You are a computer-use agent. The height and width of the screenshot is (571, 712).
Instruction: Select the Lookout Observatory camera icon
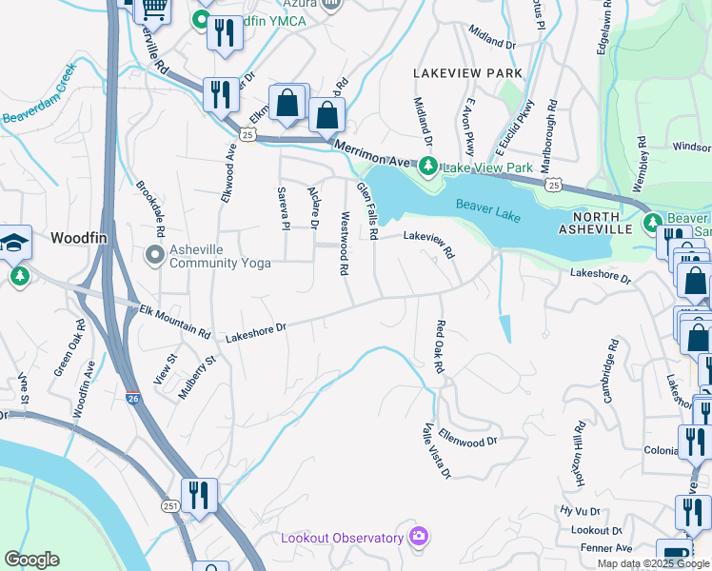[x=417, y=537]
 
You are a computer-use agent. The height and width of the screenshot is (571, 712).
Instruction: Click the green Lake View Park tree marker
[x=428, y=167]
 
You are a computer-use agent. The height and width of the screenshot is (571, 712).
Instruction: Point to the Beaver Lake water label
[x=487, y=210]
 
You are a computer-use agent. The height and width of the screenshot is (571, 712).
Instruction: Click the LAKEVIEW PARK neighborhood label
[x=467, y=73]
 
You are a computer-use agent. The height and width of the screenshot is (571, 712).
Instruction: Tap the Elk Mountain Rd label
[x=174, y=321]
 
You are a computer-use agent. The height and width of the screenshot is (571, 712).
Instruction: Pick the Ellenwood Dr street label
[x=467, y=436]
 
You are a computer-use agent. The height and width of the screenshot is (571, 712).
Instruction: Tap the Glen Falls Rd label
[x=367, y=210]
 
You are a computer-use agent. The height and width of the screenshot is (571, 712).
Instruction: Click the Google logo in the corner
[x=30, y=560]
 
